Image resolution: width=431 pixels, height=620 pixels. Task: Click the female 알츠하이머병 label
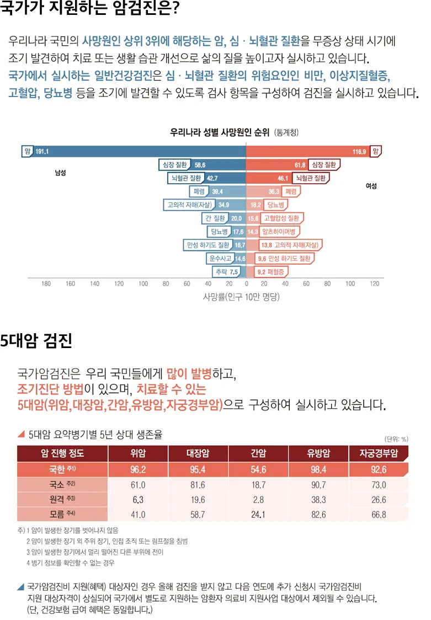(279, 232)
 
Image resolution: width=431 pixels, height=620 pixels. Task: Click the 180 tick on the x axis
(46, 284)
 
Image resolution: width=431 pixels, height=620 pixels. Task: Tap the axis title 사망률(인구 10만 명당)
(242, 297)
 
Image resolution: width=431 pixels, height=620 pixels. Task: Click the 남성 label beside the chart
(60, 173)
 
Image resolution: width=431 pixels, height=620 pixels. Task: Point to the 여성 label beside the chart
(371, 186)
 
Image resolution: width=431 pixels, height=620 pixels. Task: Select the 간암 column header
(258, 453)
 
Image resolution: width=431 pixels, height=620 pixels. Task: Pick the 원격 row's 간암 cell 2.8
(258, 500)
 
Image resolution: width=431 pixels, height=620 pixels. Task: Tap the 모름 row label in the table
(55, 515)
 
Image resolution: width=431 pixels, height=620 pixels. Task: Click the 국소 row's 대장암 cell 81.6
(198, 485)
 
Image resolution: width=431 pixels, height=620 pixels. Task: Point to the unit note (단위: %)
(396, 439)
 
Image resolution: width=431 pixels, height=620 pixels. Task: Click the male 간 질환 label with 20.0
(215, 218)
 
